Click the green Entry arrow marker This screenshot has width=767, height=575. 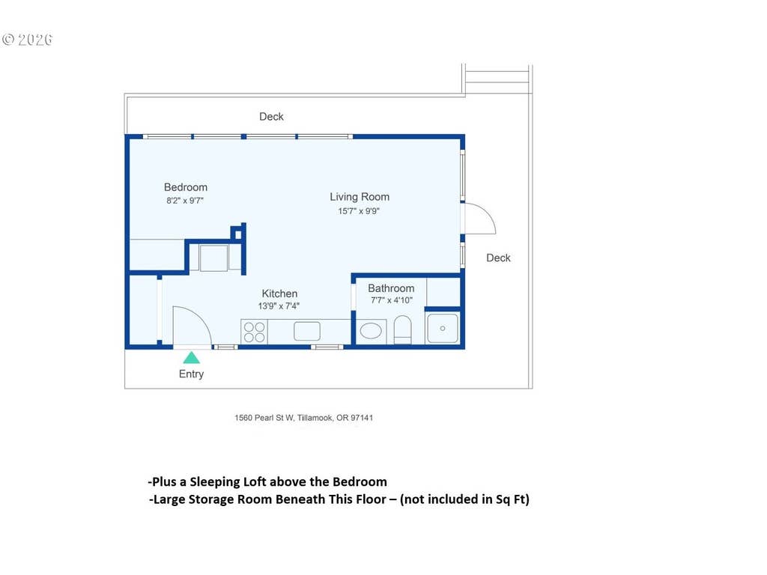191,358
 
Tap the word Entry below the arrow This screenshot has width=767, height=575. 191,374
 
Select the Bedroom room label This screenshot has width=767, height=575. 186,187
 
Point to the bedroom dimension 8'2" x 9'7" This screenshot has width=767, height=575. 185,201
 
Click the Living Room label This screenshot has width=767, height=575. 360,197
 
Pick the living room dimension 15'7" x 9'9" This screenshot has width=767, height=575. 359,211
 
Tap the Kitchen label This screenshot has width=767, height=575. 279,293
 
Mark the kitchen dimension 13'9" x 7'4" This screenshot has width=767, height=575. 279,306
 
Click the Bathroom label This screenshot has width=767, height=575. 391,288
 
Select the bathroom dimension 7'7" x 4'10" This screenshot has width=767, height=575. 391,300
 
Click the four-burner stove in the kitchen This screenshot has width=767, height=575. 255,332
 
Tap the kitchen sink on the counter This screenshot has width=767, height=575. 307,331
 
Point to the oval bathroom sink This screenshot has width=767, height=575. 371,331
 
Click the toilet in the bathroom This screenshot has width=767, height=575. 402,329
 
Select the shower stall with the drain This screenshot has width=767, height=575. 443,329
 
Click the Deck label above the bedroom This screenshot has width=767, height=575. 271,117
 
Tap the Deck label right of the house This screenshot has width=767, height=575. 498,258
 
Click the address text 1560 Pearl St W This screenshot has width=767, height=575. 264,418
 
